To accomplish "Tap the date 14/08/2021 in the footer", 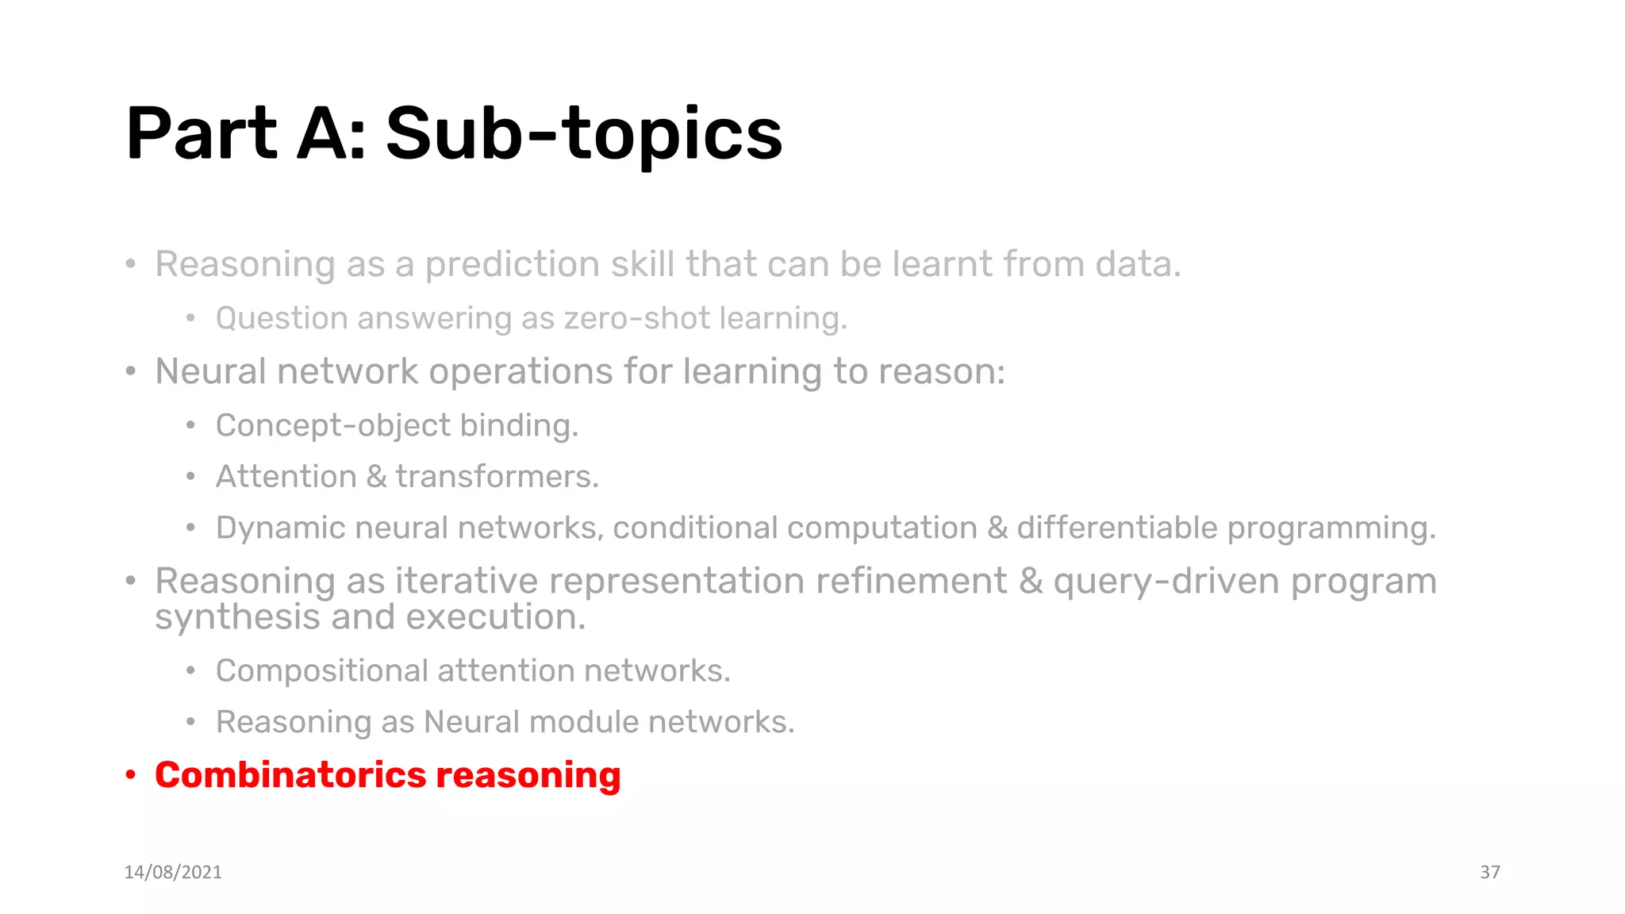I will tap(173, 872).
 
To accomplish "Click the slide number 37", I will tap(1489, 872).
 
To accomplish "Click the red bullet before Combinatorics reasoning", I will tap(131, 775).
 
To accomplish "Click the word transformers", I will tap(497, 477).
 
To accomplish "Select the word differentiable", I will tap(1116, 528).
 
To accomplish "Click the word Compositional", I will tap(321, 671).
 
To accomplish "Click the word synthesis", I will tap(237, 618).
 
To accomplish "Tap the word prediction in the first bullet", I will tap(512, 264).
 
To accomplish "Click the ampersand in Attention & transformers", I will tap(376, 477).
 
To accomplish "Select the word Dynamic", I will tap(280, 528).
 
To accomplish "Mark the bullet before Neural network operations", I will tap(131, 371).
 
